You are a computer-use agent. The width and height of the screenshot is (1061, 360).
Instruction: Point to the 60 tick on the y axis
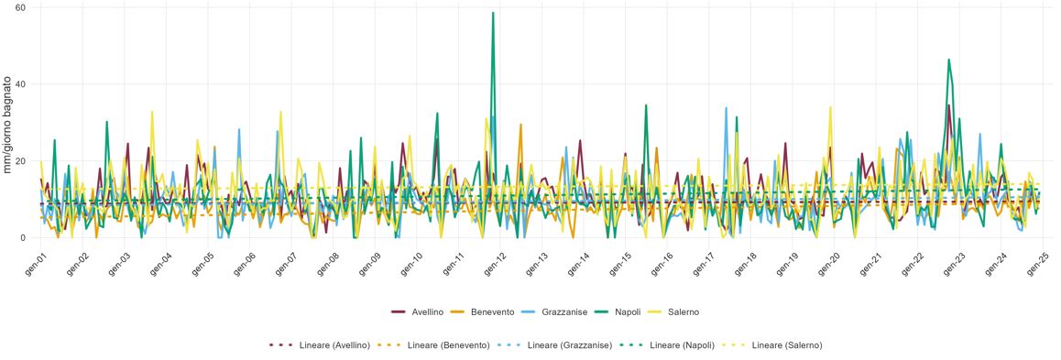tap(21, 7)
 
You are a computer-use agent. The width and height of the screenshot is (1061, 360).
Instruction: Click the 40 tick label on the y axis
tap(21, 84)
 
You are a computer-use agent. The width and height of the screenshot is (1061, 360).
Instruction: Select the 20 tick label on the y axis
tap(21, 161)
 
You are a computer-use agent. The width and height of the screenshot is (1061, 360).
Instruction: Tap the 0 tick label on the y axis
tap(24, 238)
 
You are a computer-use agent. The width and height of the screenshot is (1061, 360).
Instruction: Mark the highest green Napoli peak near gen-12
tap(493, 13)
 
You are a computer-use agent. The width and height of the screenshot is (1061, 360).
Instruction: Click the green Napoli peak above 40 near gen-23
tap(949, 60)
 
